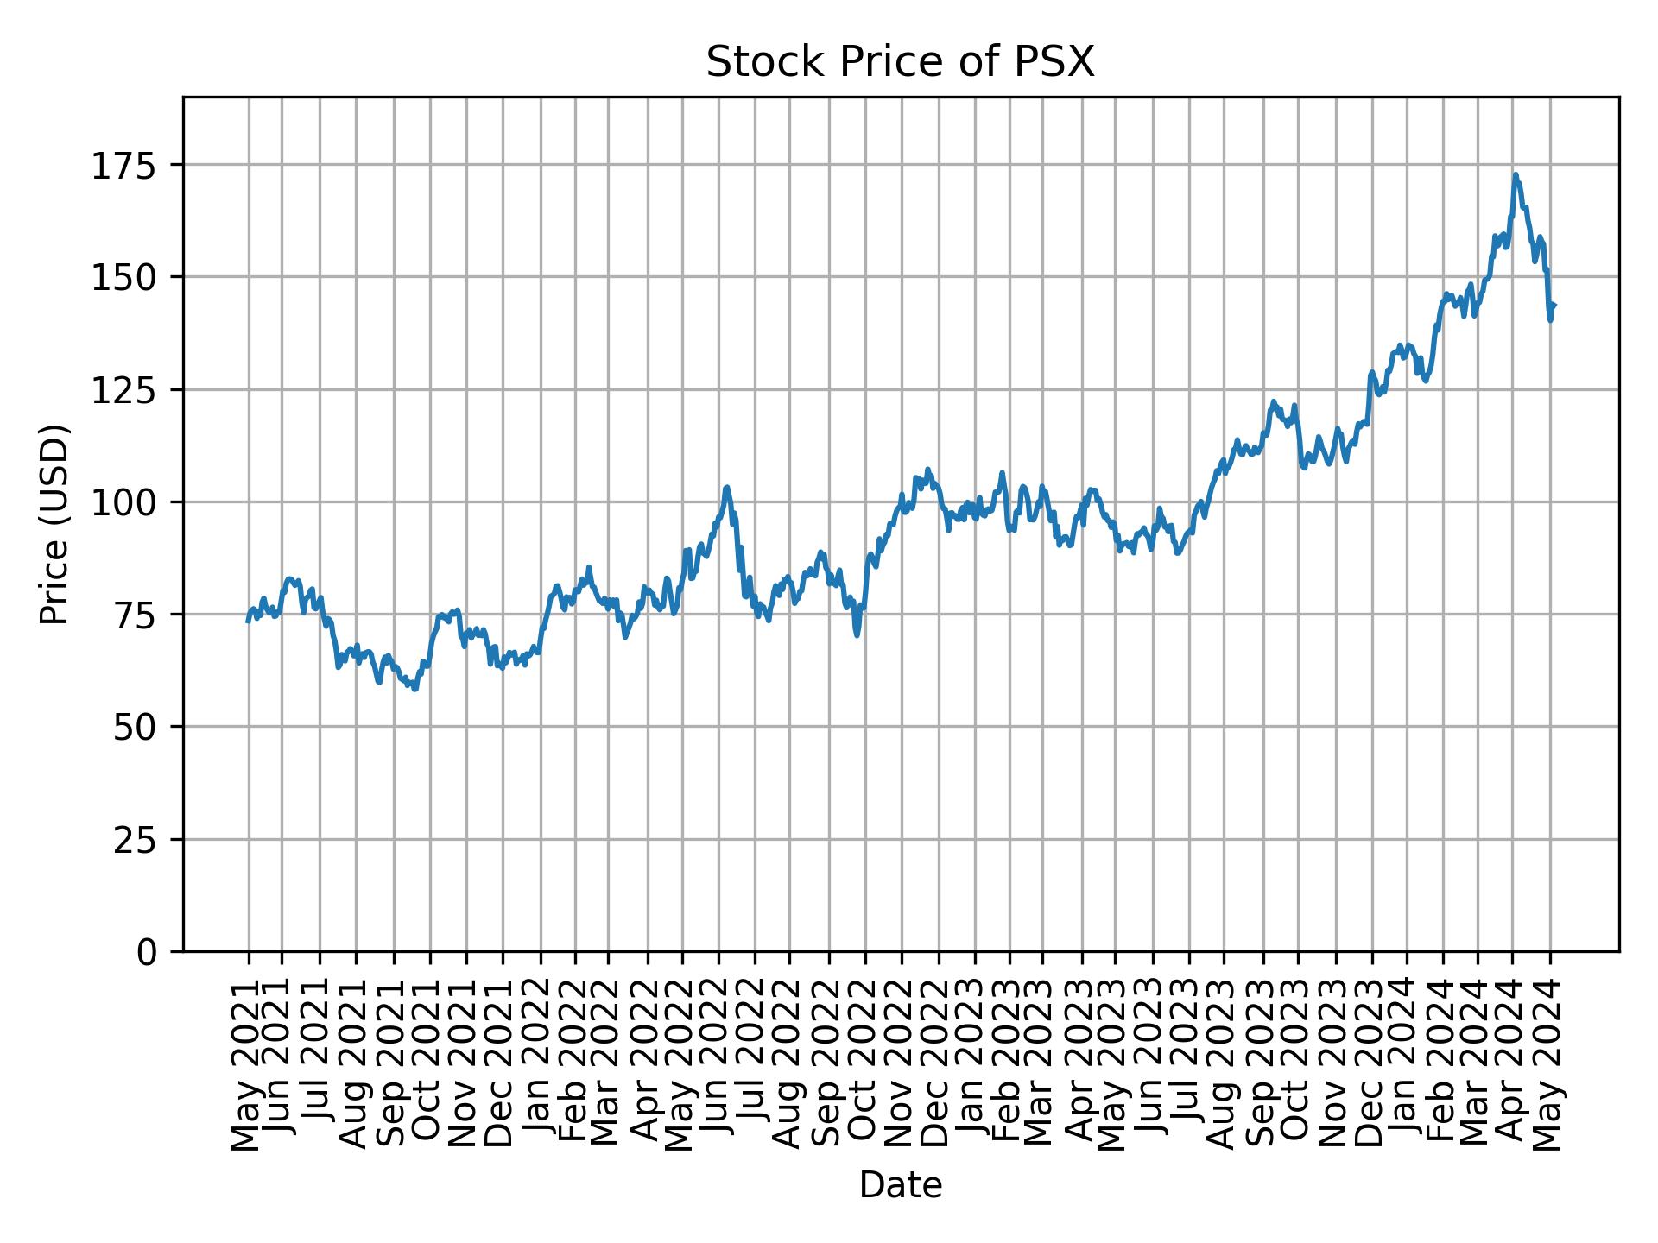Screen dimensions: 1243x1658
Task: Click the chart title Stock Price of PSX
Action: [900, 63]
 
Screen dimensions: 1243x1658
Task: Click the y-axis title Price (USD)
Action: [54, 524]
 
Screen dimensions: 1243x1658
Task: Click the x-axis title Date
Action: [900, 1186]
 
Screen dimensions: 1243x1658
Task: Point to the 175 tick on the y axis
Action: [130, 165]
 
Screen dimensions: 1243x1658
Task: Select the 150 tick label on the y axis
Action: [130, 277]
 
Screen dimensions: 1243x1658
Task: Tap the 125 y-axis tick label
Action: [130, 389]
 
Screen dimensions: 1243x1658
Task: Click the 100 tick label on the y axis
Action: [130, 502]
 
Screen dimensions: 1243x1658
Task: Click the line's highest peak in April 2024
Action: [1516, 175]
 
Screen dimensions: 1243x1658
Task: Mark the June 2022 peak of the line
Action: [727, 487]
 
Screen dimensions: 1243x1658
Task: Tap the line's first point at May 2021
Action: [248, 621]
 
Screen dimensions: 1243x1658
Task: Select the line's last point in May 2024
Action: [1554, 304]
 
